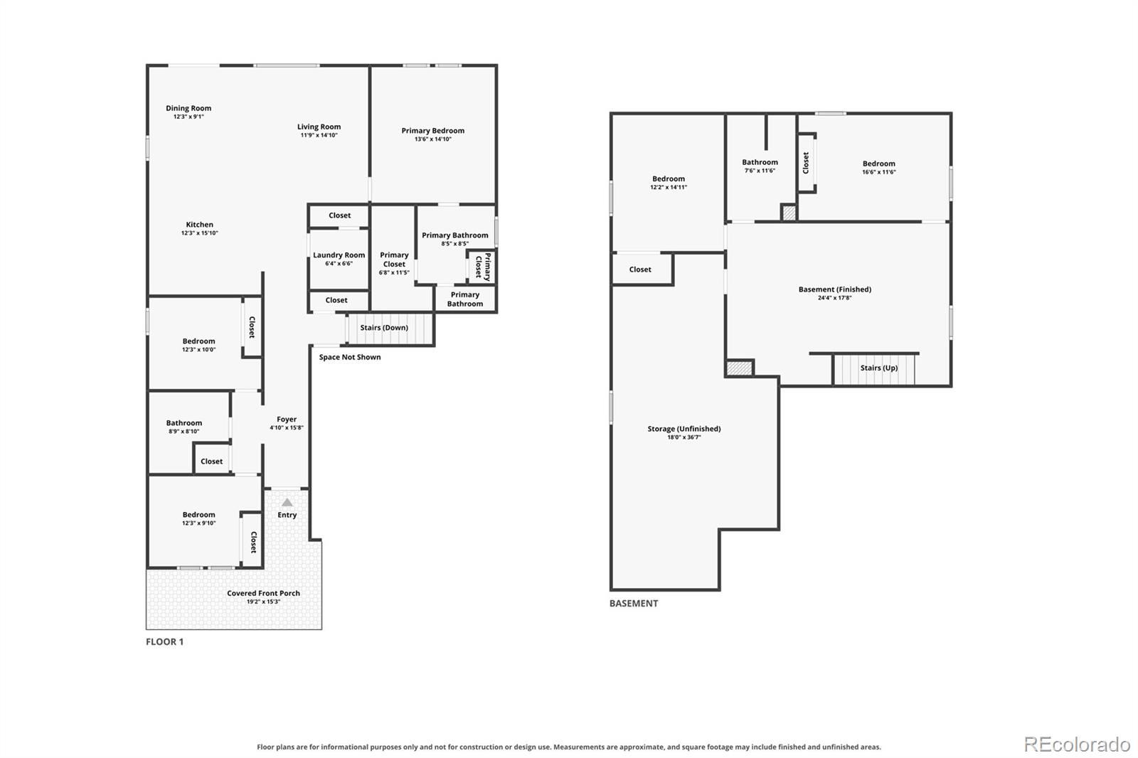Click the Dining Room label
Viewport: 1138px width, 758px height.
pos(188,108)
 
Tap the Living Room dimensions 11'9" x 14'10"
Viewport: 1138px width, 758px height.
pos(319,135)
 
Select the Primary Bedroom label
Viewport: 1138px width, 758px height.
pos(433,131)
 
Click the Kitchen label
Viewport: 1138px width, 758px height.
pos(200,225)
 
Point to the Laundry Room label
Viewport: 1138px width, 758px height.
pos(339,255)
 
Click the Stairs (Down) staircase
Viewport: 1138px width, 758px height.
pos(390,329)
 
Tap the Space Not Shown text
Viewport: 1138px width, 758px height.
pos(350,357)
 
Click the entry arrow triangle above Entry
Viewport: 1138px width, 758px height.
pos(287,503)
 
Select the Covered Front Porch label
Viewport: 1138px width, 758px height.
pos(263,593)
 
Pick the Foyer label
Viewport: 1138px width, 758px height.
pos(287,419)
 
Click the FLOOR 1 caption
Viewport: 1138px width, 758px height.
pos(164,641)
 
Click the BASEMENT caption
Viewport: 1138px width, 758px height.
pos(634,604)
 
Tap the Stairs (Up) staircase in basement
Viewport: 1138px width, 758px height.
pos(874,369)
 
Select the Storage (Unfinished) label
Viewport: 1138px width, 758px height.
pos(684,429)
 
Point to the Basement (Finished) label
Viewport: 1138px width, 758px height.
pos(835,289)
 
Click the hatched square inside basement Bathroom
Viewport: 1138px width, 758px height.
pos(789,213)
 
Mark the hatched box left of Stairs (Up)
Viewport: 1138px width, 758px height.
pos(739,368)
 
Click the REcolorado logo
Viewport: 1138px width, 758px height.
pos(1077,744)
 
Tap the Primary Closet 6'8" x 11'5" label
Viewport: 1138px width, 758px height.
pos(394,264)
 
